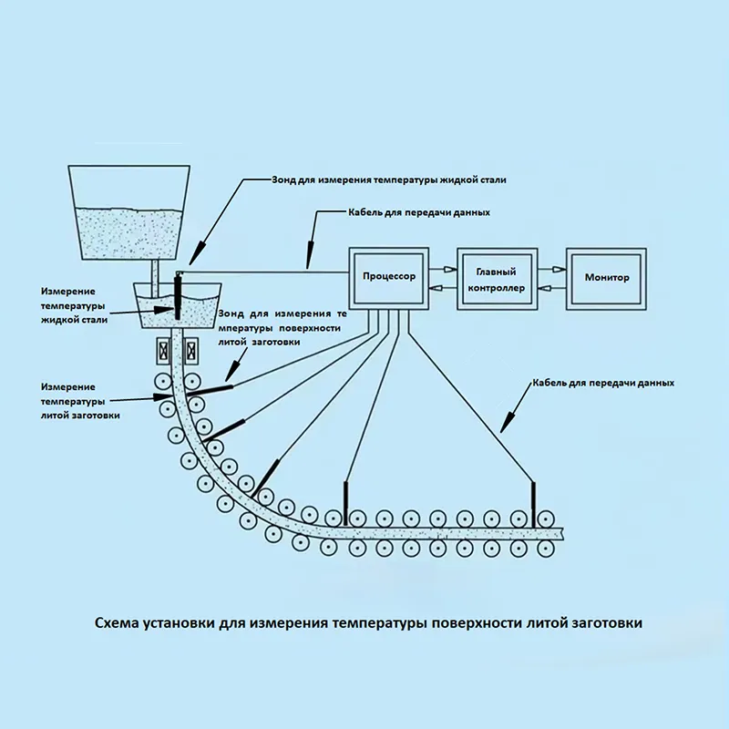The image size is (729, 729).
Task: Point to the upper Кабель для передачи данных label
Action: coord(419,212)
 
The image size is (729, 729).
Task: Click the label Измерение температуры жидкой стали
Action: coord(74,305)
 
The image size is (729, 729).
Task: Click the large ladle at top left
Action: coord(130,214)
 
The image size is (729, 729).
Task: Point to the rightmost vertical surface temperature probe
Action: coord(534,500)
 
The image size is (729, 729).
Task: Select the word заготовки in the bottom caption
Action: coord(608,624)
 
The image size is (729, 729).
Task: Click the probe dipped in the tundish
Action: coord(179,296)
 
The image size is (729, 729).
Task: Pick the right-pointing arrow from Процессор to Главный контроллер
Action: coord(445,269)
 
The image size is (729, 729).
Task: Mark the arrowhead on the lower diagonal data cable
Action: coord(508,420)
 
